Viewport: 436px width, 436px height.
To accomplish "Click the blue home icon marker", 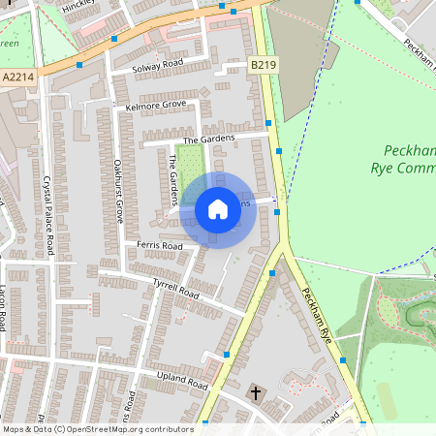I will coord(217,208).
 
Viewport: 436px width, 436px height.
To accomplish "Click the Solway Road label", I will coord(159,64).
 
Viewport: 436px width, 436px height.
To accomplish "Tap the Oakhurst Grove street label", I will coord(117,191).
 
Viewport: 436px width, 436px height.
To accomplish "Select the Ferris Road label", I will coord(159,246).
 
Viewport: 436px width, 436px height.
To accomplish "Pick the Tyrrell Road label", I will coord(175,288).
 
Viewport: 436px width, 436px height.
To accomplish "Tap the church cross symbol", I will coord(256,393).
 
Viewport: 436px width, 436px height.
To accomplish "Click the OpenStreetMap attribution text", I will coord(98,429).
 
